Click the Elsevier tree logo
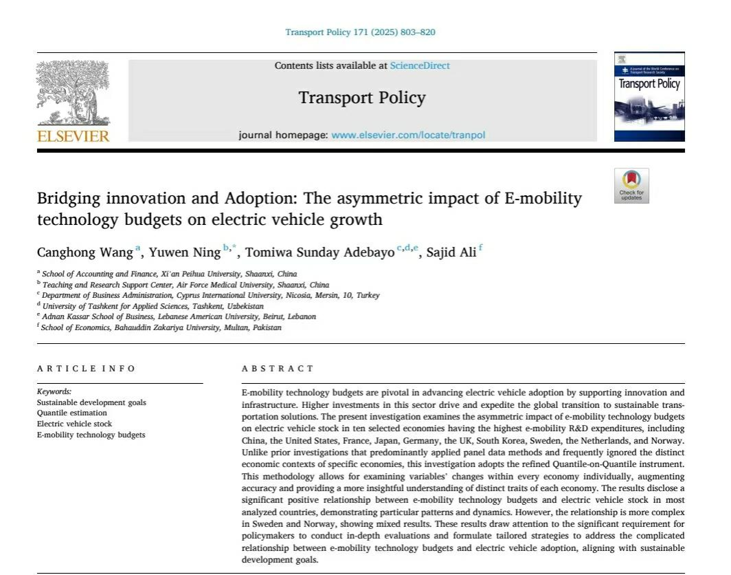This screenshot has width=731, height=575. point(72,93)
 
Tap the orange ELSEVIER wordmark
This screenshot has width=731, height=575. point(73,135)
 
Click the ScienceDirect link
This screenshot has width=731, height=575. point(420,66)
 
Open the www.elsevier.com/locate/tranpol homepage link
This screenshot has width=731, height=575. point(408,135)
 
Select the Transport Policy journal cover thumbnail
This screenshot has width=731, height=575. point(649,97)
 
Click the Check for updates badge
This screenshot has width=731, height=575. point(631,186)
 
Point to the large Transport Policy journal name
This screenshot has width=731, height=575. point(362,98)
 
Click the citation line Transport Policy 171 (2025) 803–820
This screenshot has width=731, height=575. point(360,32)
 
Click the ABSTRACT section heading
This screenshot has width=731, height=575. point(278,369)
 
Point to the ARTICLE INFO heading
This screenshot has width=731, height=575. point(87,369)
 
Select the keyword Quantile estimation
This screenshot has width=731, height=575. point(72,413)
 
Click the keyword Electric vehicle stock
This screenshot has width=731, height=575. point(74,424)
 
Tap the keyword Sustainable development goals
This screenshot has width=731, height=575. point(91,402)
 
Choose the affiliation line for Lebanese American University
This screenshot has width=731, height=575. point(179,316)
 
